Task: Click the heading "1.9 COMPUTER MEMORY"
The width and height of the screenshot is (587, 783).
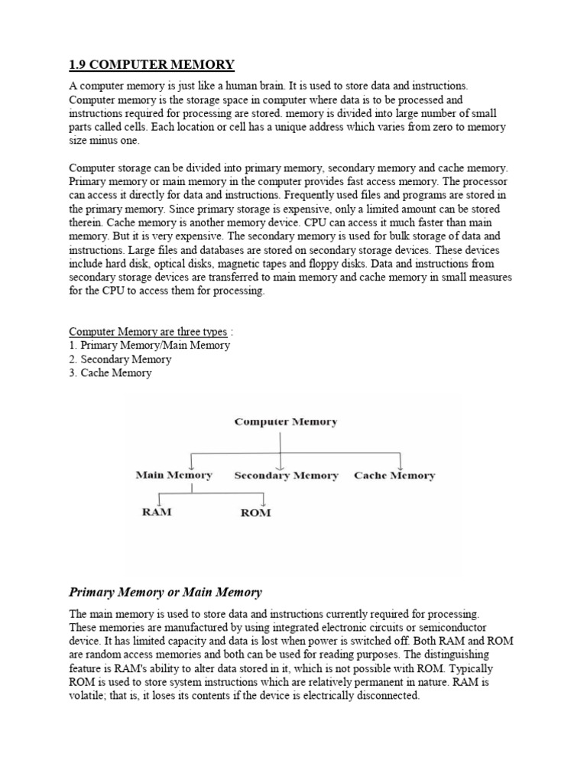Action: tap(151, 63)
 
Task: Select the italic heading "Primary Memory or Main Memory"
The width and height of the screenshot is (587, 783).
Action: tap(165, 592)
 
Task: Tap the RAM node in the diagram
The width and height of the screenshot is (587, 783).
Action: tap(157, 512)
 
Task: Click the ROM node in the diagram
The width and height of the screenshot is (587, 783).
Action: tap(255, 512)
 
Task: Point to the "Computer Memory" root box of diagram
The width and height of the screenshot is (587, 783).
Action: tap(286, 421)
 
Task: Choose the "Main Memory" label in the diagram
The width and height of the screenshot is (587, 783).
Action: tap(174, 475)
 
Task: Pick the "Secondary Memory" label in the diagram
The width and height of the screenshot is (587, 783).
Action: tap(286, 476)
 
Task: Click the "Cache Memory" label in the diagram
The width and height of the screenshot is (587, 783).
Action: tap(394, 476)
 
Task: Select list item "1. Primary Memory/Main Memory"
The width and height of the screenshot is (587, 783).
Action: tap(149, 346)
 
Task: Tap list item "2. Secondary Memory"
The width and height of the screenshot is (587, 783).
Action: tap(120, 359)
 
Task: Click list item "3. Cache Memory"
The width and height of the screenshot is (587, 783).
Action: tap(110, 373)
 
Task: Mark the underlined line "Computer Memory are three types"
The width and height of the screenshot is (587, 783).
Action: tap(148, 332)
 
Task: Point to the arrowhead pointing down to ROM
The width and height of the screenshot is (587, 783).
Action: tap(263, 502)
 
